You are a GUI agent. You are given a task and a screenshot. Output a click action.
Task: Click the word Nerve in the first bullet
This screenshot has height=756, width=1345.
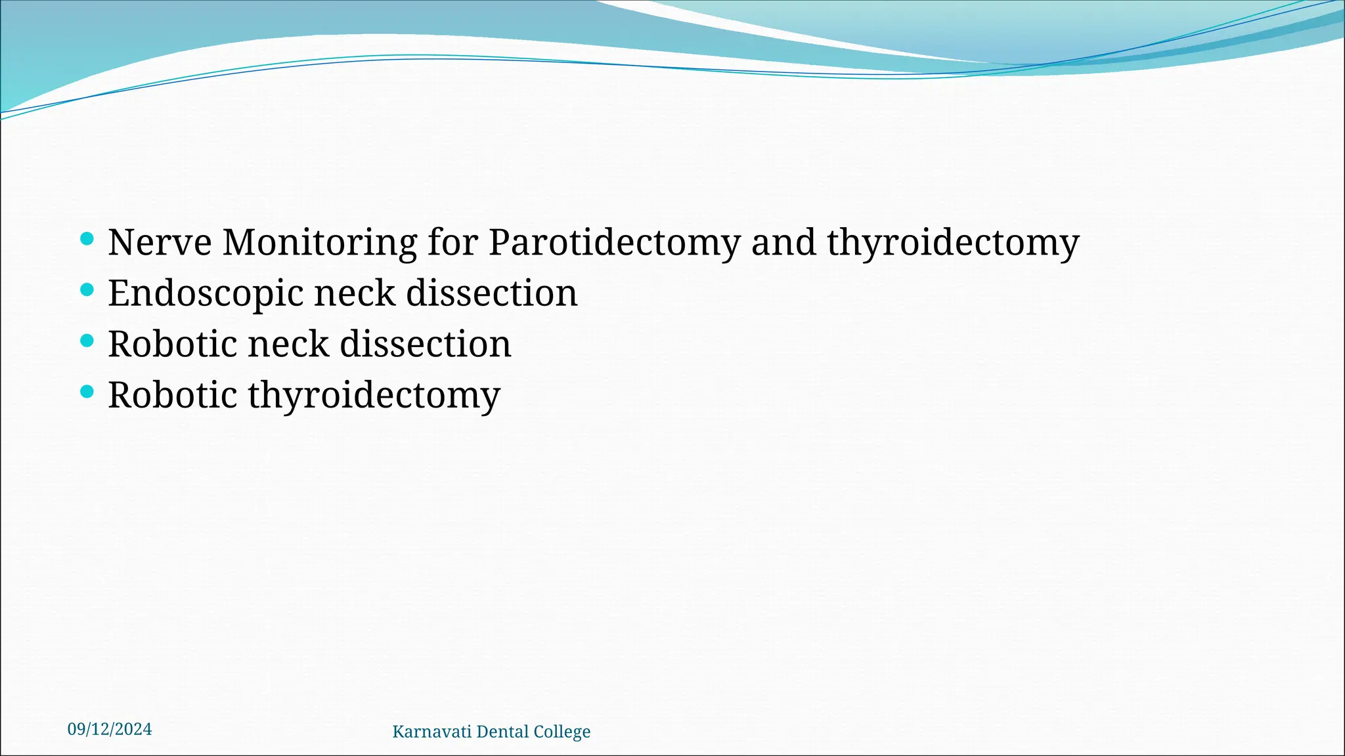tap(160, 242)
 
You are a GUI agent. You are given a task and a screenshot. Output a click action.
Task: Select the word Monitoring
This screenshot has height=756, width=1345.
tap(319, 242)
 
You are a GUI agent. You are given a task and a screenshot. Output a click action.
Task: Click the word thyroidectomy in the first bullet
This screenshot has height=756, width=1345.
tap(952, 242)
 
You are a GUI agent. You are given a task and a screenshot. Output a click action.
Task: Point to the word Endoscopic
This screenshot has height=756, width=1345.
tap(205, 293)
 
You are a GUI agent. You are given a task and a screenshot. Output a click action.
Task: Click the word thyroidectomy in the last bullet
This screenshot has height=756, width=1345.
tap(374, 396)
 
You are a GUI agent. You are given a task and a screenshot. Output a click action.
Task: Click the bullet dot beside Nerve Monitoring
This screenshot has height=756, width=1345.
tap(87, 238)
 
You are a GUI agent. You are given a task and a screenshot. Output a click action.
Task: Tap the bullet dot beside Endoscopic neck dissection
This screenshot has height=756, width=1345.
tap(87, 289)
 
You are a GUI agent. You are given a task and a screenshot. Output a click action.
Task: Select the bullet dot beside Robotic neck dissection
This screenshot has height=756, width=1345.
tap(87, 341)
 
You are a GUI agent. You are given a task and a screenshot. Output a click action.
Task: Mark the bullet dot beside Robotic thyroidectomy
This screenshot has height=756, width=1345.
tap(87, 392)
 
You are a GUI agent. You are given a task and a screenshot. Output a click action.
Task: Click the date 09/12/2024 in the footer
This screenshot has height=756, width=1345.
tap(110, 729)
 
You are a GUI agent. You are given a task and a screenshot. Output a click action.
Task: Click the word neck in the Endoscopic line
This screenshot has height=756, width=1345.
tap(355, 293)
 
